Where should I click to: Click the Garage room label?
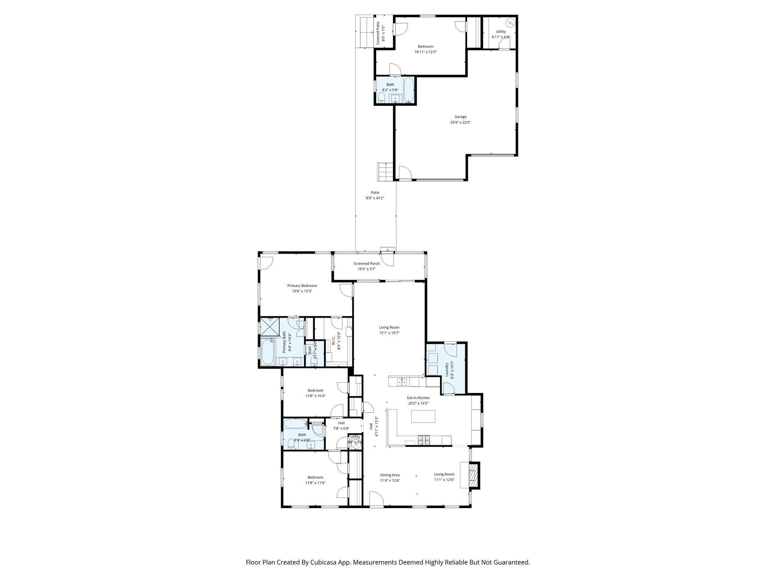pos(460,117)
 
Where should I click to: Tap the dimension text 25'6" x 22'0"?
pos(460,122)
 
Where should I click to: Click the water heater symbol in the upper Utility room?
pos(510,22)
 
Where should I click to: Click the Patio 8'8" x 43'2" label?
pos(375,195)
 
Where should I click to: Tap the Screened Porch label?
pos(366,264)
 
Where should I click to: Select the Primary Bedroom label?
pos(302,286)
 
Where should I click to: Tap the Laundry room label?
pos(447,370)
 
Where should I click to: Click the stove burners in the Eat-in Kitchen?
pos(424,440)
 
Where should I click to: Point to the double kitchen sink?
pos(402,382)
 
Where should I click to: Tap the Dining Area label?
pos(390,475)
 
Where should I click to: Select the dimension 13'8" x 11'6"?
pos(315,483)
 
